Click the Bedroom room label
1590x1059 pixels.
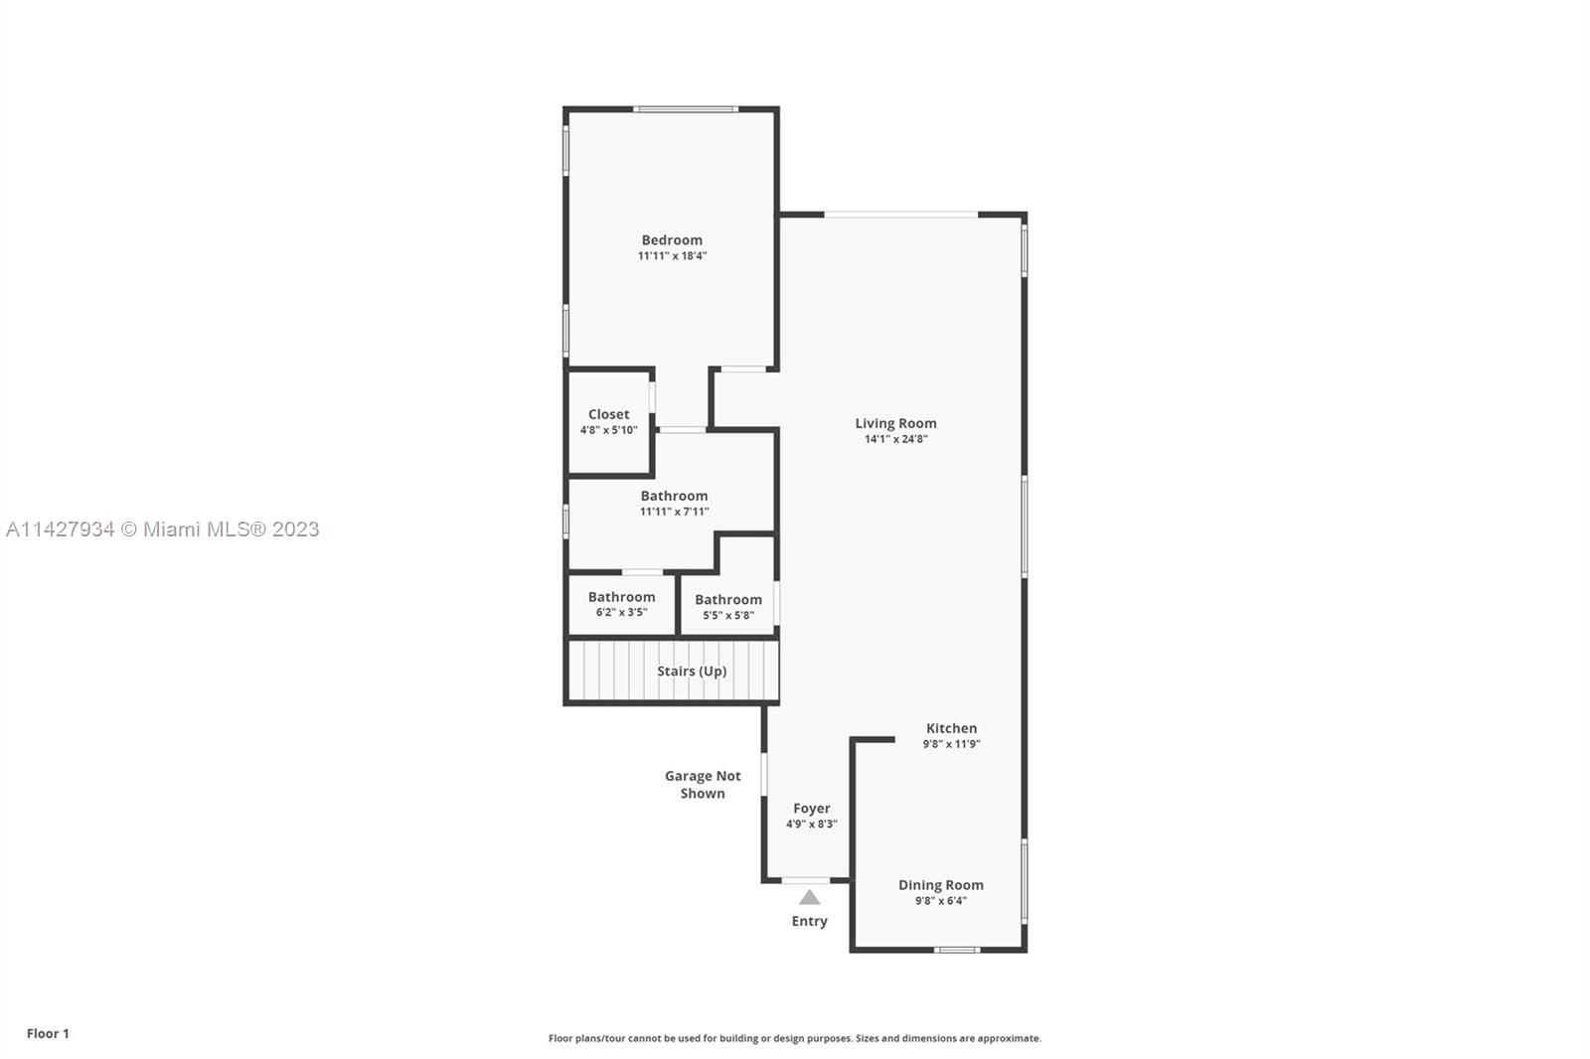pos(672,239)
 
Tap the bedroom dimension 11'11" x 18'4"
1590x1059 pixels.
pos(672,255)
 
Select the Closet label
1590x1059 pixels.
pos(608,414)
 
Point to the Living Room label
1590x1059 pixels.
pos(895,424)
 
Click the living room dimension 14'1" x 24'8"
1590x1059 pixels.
pos(895,439)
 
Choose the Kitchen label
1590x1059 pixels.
pos(951,728)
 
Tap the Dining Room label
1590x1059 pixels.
pos(940,885)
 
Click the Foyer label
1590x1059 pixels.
pos(811,809)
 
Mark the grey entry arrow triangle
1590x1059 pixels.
pos(809,898)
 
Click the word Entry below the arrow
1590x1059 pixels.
pos(809,921)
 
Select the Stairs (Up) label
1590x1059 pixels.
pos(692,671)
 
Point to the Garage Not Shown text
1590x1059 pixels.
pos(703,784)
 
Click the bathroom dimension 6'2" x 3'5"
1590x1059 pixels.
pos(621,612)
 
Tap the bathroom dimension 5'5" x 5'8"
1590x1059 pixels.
pos(728,615)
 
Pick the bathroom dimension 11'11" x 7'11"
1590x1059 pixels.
pos(674,511)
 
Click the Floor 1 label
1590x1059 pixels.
pos(49,1033)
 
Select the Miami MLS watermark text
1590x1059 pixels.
pos(163,529)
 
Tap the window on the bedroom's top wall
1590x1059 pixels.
pos(685,109)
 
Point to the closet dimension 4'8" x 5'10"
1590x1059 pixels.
pos(608,429)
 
